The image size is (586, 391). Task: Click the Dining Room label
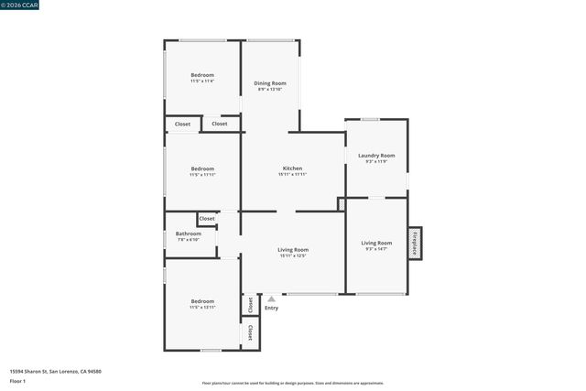[270, 83]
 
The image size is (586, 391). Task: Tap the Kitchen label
[292, 168]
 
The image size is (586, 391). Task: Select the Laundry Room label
[376, 156]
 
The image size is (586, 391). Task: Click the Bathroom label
[188, 234]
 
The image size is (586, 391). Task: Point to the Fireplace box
[415, 243]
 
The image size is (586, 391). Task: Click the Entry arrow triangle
[271, 299]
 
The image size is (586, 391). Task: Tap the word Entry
[271, 308]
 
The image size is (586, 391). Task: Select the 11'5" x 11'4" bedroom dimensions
[202, 81]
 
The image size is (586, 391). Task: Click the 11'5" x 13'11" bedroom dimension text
[202, 307]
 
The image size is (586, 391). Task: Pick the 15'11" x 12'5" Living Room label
[293, 255]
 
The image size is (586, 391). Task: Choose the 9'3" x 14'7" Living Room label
[376, 249]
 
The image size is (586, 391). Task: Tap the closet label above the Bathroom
[207, 219]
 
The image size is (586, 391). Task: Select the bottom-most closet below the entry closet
[249, 331]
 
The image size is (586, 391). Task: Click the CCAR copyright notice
[18, 4]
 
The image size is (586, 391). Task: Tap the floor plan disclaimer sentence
[292, 384]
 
